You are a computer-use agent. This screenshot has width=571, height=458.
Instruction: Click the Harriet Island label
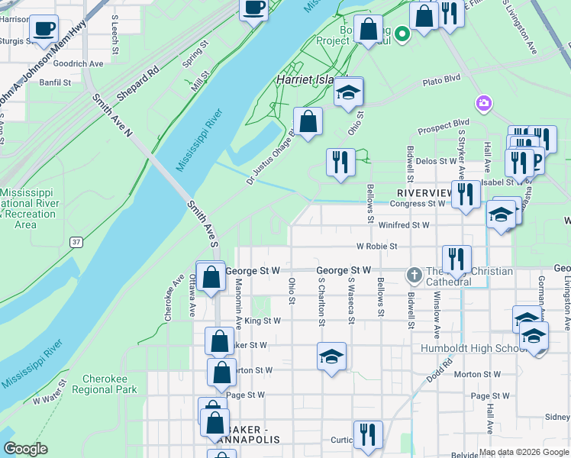304,79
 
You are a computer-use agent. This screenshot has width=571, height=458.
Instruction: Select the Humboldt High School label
469,349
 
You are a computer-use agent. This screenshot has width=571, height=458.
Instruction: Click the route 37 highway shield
76,242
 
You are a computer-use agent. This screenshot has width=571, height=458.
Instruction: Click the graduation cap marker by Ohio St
348,92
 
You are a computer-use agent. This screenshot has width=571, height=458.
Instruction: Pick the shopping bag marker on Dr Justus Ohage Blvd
308,121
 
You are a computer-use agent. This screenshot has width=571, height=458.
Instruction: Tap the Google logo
26,449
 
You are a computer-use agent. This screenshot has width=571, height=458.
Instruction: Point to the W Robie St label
377,247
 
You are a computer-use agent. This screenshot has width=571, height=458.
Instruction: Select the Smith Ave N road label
114,118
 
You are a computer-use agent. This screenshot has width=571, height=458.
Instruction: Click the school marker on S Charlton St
331,356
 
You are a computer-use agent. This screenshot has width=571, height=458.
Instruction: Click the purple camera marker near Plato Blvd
483,103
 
